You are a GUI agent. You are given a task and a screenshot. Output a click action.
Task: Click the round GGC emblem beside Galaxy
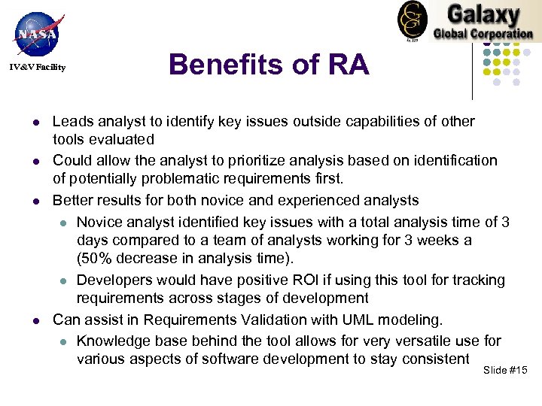point(412,20)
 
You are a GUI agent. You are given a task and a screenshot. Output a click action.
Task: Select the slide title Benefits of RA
point(269,65)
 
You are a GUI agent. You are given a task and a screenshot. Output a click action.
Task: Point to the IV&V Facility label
point(38,68)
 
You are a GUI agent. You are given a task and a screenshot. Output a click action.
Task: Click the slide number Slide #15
point(506,371)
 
